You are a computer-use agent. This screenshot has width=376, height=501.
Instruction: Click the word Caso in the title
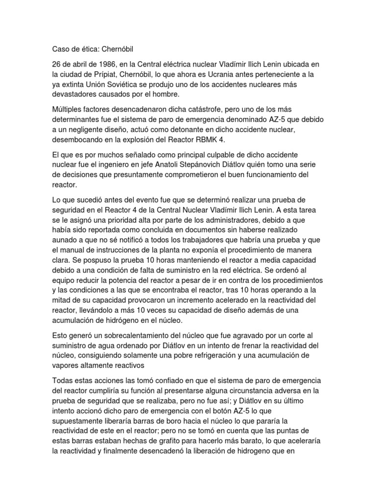(x=61, y=49)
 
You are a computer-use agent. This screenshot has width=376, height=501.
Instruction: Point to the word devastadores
(x=76, y=94)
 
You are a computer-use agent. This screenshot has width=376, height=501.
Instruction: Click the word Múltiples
(x=69, y=109)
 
